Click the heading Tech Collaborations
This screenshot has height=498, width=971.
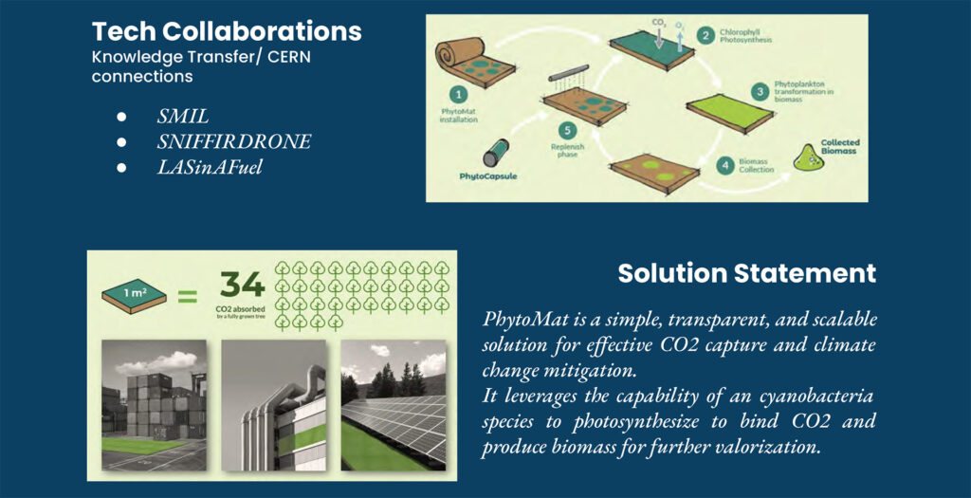(x=227, y=31)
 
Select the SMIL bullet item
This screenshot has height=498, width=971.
(x=183, y=117)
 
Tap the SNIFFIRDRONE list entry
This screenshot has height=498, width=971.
(x=233, y=142)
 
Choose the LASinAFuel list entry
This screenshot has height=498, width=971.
(x=210, y=167)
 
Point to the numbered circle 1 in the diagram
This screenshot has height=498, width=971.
(x=458, y=95)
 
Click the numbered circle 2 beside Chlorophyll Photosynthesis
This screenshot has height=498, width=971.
(x=705, y=35)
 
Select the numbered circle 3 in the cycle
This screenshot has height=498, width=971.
(x=760, y=92)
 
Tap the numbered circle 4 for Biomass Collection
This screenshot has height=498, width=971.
(x=725, y=165)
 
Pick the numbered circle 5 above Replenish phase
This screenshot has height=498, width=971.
(x=567, y=131)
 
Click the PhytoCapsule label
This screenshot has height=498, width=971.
(x=488, y=176)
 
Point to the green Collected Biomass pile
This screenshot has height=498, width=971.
(x=809, y=160)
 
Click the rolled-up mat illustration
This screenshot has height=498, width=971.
(x=476, y=62)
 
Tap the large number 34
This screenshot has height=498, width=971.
(x=242, y=286)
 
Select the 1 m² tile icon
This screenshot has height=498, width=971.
(x=135, y=295)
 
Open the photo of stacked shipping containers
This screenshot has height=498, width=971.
(x=155, y=406)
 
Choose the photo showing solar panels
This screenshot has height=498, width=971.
(x=394, y=406)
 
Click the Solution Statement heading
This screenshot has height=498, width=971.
(x=747, y=273)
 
